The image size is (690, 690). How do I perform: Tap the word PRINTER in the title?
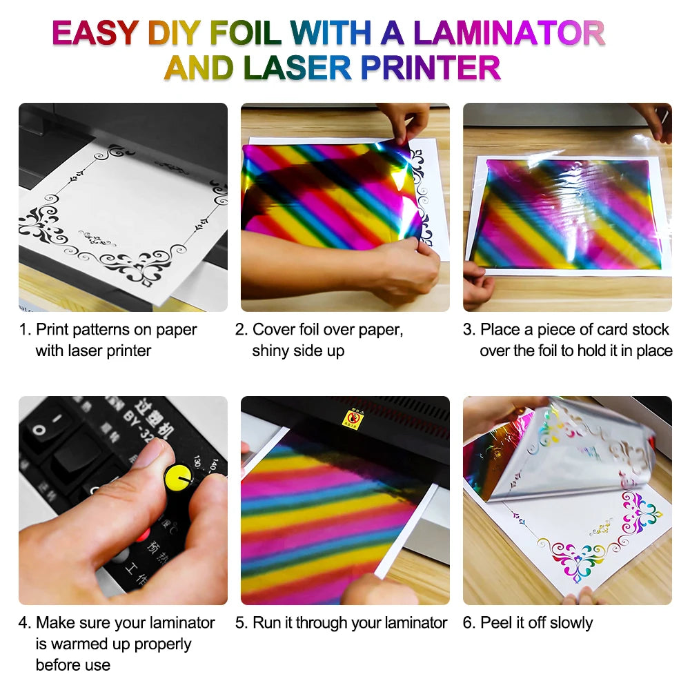[x=431, y=68]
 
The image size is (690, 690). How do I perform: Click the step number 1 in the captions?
[x=23, y=330]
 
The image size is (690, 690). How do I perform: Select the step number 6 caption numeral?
[x=469, y=623]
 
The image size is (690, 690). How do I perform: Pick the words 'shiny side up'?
[x=298, y=351]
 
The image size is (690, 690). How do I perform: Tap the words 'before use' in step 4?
[x=73, y=665]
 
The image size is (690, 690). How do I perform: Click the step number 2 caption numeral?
[x=241, y=330]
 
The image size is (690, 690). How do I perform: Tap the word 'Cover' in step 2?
[x=273, y=330]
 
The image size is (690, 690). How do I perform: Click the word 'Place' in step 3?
[x=501, y=330]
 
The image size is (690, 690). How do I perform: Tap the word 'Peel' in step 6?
[x=495, y=623]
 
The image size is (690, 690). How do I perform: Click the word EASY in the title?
[x=97, y=33]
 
